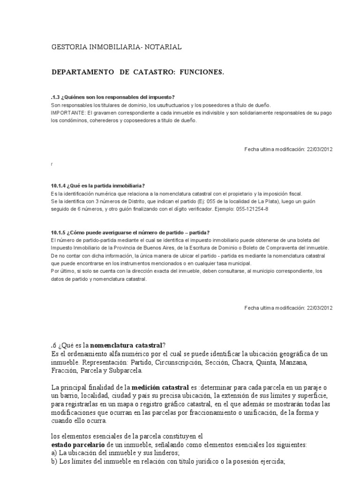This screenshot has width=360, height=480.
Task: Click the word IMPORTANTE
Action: coord(68,113)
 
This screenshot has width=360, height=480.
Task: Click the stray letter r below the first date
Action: coord(51,165)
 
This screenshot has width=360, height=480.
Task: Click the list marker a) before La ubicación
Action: coord(54,453)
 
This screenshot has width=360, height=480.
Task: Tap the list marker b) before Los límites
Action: coord(54,461)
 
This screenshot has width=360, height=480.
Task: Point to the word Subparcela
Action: coord(124,371)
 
